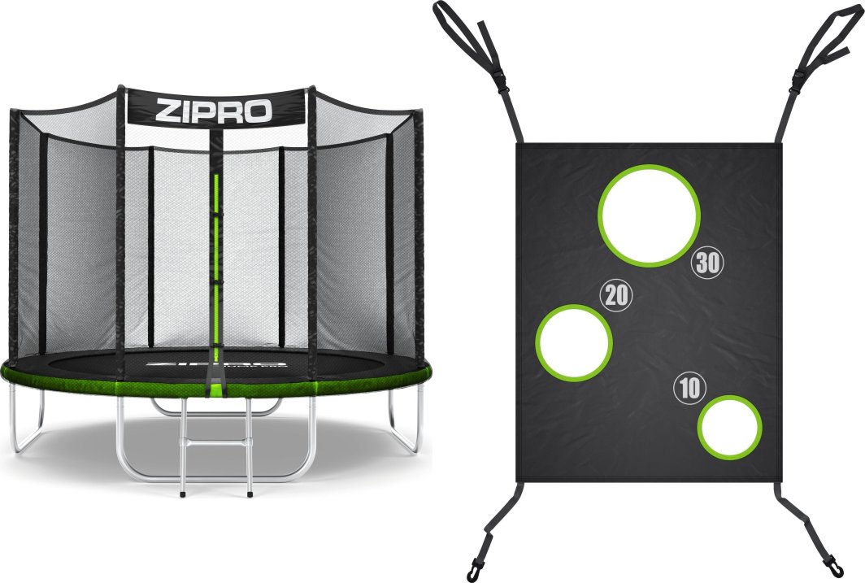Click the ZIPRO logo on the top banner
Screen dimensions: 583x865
(215, 109)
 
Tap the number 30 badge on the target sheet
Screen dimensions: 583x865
(706, 263)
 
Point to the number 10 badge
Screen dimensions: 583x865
(689, 389)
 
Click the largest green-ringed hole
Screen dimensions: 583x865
(649, 215)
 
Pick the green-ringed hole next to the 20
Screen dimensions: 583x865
(574, 342)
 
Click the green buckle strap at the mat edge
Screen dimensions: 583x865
(216, 386)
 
